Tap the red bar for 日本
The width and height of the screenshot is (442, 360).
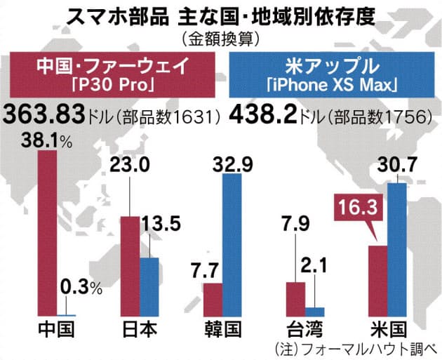[x=130, y=266]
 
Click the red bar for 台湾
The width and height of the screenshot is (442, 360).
[x=295, y=299]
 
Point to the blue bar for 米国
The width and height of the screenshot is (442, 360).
[x=398, y=249]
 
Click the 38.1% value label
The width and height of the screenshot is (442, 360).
[x=46, y=140]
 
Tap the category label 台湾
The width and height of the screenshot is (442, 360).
[x=304, y=331]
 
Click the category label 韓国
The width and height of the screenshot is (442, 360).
[x=222, y=331]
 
